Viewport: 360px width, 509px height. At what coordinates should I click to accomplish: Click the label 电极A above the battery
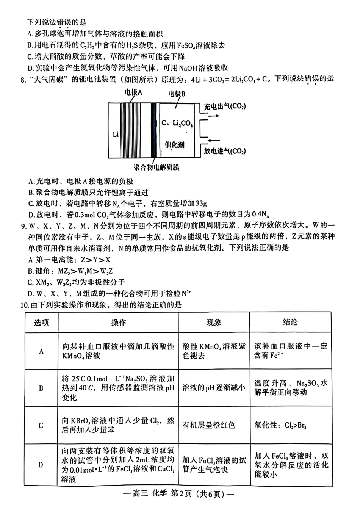point(134,92)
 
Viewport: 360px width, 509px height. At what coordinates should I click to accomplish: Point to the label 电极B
point(177,94)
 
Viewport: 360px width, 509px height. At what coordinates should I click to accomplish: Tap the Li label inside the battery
point(116,134)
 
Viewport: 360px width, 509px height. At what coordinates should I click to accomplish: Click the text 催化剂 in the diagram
point(175,145)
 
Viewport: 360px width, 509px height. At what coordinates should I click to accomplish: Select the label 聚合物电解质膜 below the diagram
point(157,168)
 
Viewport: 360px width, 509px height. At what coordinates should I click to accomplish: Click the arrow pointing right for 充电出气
point(214,116)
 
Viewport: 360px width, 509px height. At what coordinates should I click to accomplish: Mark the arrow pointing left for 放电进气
point(214,141)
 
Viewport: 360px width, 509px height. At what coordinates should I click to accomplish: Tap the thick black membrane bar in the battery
point(153,130)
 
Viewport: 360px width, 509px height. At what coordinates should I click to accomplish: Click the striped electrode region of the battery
point(130,130)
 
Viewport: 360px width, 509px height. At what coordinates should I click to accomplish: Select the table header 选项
point(41,323)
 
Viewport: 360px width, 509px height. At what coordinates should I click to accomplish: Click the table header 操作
point(118,323)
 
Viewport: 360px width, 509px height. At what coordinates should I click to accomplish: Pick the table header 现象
point(214,323)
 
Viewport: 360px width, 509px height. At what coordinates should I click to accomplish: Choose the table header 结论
point(290,322)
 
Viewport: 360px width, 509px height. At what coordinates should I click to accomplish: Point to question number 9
point(23,227)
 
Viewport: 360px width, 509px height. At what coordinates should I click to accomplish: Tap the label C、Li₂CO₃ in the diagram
point(177,124)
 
